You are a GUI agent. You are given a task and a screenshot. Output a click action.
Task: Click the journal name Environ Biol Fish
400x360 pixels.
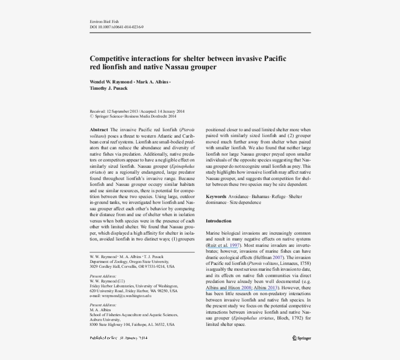(104, 22)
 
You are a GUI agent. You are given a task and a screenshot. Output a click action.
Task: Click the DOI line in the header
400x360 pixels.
(116, 27)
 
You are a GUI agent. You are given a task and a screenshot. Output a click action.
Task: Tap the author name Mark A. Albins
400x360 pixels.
(153, 81)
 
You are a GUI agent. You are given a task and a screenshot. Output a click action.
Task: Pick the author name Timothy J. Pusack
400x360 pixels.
(108, 88)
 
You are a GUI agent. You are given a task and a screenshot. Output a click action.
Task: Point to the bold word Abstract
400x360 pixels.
(99, 129)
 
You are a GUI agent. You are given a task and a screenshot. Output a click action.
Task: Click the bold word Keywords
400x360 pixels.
(216, 197)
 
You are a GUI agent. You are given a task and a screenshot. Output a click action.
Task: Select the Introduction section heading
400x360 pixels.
(219, 221)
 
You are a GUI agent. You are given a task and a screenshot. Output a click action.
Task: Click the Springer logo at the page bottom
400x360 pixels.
(301, 338)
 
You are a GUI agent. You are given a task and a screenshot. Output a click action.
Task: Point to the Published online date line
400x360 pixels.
(119, 338)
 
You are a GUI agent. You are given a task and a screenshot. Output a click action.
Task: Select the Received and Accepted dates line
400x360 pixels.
(137, 111)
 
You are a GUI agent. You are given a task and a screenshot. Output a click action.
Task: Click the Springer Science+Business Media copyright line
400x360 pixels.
(133, 117)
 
